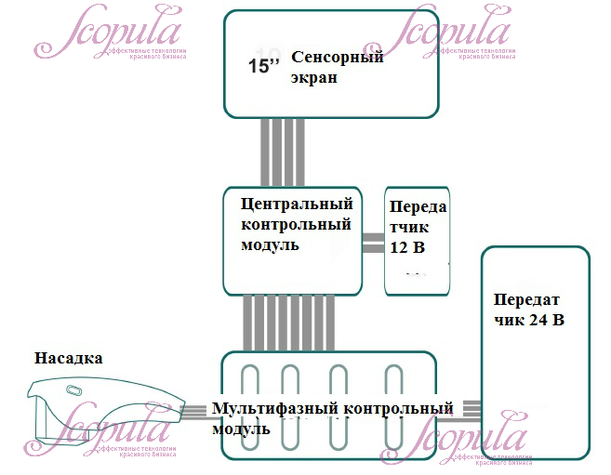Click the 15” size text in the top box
coord(265,67)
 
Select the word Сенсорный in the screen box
coord(338,58)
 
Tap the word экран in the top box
coord(313,78)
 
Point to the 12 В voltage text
coord(406,248)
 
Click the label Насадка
coord(68,358)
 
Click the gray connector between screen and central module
coord(281,152)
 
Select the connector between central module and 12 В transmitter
coord(373,244)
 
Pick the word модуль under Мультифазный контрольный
coord(241,429)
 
